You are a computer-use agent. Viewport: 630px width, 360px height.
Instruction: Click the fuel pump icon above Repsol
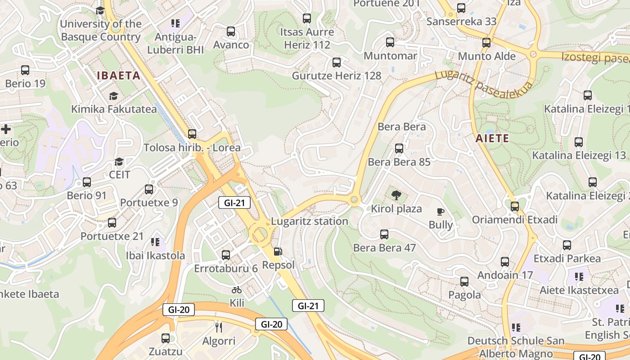click(x=279, y=252)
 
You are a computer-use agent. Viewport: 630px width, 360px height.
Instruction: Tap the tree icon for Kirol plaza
click(x=396, y=195)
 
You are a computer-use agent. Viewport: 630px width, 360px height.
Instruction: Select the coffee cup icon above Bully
click(x=441, y=211)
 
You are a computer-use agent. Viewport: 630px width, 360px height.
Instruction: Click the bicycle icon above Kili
click(x=237, y=290)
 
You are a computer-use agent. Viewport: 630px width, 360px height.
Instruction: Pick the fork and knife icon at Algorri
click(x=219, y=327)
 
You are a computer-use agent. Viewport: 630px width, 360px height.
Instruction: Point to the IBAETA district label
click(x=119, y=76)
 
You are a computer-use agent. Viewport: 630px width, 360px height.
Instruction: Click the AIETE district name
click(x=492, y=138)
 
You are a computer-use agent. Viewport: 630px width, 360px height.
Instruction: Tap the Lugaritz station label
click(x=310, y=221)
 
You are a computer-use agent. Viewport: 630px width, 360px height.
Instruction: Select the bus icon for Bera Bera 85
click(x=399, y=148)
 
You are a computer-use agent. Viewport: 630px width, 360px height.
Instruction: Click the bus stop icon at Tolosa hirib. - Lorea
click(x=192, y=134)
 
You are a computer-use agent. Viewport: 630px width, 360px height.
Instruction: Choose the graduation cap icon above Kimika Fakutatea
click(x=113, y=96)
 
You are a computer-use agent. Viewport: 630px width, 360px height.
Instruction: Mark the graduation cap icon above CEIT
click(x=119, y=162)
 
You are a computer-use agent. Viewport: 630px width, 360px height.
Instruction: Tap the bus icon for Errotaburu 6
click(x=226, y=255)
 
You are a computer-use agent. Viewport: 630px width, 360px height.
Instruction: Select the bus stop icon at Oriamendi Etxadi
click(x=515, y=207)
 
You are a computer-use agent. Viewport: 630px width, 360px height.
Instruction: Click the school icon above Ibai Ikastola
click(x=155, y=242)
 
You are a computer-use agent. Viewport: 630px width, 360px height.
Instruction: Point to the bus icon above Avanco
click(x=231, y=31)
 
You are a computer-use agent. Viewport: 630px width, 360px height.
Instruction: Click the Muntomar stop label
click(x=390, y=56)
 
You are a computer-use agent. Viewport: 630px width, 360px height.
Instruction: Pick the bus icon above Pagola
click(x=464, y=282)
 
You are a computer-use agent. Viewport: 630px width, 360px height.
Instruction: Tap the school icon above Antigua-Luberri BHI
click(x=175, y=23)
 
